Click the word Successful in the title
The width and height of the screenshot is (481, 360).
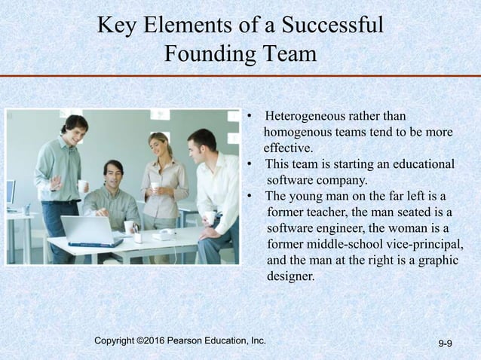(x=332, y=25)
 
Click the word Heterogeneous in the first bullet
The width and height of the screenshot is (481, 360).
(x=308, y=117)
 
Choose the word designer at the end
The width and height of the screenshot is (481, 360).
(x=290, y=276)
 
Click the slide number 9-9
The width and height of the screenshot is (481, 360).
(x=445, y=344)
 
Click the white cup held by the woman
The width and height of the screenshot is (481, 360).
(x=155, y=185)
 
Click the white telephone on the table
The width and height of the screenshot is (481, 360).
(x=163, y=234)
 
